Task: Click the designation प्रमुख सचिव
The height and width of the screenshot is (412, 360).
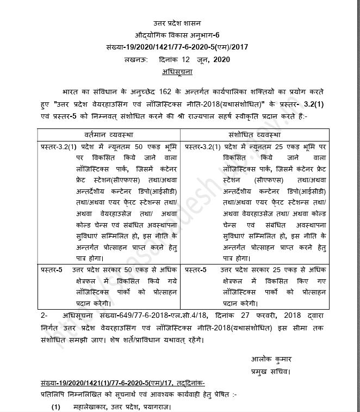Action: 271,371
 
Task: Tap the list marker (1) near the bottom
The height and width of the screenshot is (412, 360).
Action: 56,407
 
